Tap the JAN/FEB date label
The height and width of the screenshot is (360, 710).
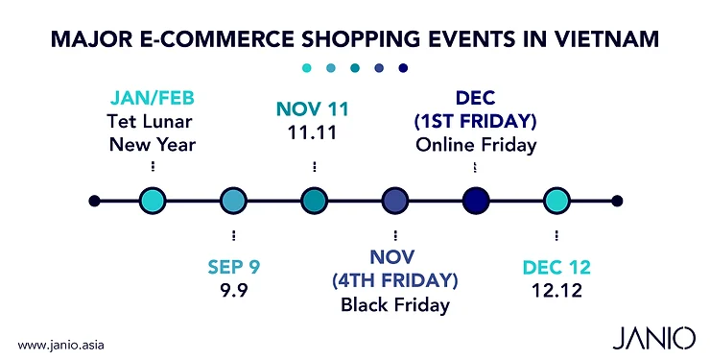click(153, 100)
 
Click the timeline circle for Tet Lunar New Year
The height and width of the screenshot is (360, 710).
click(153, 201)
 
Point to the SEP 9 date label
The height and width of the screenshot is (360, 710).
click(234, 267)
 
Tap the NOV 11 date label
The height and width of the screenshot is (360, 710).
click(314, 109)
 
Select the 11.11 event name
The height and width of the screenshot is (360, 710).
click(314, 132)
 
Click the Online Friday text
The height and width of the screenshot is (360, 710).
click(476, 145)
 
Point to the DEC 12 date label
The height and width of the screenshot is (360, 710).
click(556, 267)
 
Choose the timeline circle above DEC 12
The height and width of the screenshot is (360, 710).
click(556, 201)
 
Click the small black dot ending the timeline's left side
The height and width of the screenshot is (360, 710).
click(94, 201)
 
